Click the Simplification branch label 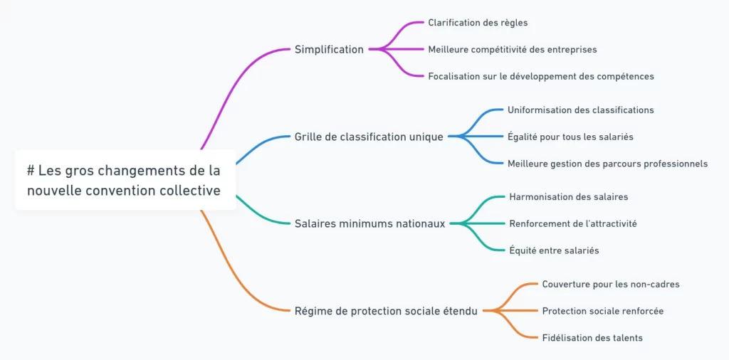[x=329, y=50]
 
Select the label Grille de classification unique [x=369, y=137]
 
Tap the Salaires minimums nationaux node [x=369, y=223]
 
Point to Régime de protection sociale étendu [x=386, y=311]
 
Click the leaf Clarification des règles [x=478, y=23]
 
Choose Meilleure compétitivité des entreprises [x=512, y=50]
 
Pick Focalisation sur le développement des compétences [x=540, y=76]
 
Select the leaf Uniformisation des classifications [x=580, y=110]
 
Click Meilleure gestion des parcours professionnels [x=607, y=164]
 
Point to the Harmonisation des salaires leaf [x=568, y=197]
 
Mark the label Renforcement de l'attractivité [x=572, y=223]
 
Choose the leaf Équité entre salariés [x=554, y=250]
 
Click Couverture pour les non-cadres [x=610, y=285]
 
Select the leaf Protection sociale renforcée [x=602, y=311]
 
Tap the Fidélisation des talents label [x=592, y=338]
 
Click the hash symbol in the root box [x=31, y=171]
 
